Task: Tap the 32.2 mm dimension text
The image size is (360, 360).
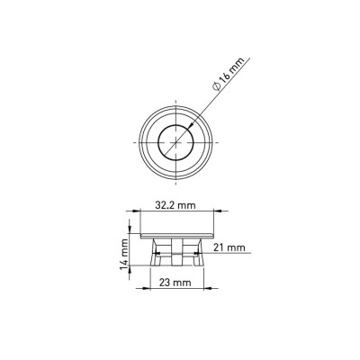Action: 175,205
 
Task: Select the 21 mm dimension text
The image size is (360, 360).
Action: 229,247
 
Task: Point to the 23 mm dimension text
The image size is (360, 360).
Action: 175,283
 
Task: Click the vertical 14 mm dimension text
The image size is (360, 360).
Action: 124,254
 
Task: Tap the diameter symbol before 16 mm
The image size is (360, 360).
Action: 217,86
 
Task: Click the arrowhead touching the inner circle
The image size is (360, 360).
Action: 190,126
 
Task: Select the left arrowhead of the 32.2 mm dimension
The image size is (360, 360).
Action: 137,211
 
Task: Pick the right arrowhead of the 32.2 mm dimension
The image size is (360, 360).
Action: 218,211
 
